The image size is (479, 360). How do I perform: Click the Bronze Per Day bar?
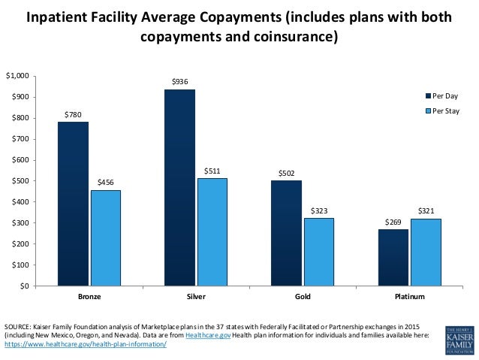pyautogui.click(x=73, y=204)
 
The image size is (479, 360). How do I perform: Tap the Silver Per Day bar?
pyautogui.click(x=179, y=187)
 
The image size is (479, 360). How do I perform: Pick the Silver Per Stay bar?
pyautogui.click(x=212, y=231)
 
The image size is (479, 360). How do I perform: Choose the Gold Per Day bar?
pyautogui.click(x=286, y=233)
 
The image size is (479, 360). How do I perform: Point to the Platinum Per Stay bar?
pyautogui.click(x=425, y=252)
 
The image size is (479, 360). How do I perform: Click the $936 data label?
pyautogui.click(x=179, y=81)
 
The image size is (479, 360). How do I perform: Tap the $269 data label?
pyautogui.click(x=393, y=222)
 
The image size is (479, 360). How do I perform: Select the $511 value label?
pyautogui.click(x=212, y=171)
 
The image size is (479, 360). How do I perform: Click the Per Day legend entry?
pyautogui.click(x=442, y=96)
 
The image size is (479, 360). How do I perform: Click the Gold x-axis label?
pyautogui.click(x=302, y=297)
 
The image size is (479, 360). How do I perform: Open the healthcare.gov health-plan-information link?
pyautogui.click(x=85, y=343)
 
